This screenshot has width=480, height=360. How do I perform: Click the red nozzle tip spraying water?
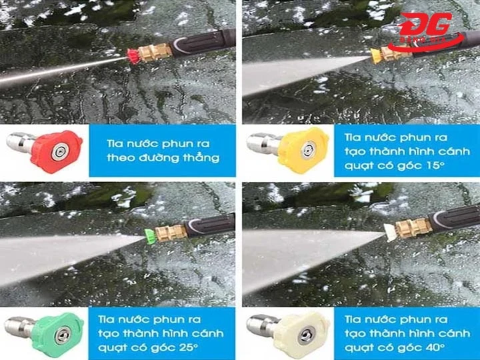click(x=133, y=56)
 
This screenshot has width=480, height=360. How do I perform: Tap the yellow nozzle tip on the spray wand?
click(x=375, y=56)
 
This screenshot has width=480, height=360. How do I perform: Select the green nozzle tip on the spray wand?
click(x=149, y=236)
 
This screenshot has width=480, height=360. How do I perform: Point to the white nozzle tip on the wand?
click(x=390, y=232)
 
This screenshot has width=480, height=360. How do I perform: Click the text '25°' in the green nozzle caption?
click(x=189, y=347)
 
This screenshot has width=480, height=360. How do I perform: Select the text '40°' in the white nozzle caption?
click(x=435, y=347)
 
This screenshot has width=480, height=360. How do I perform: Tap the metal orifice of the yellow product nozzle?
click(x=307, y=150)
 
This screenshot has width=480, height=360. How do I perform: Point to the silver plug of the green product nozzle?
click(x=19, y=326)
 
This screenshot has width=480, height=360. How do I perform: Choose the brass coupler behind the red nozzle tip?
click(x=155, y=53)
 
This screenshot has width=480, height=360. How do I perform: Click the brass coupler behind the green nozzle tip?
click(x=171, y=233)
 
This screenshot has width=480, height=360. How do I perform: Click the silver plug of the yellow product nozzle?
click(x=264, y=143)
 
